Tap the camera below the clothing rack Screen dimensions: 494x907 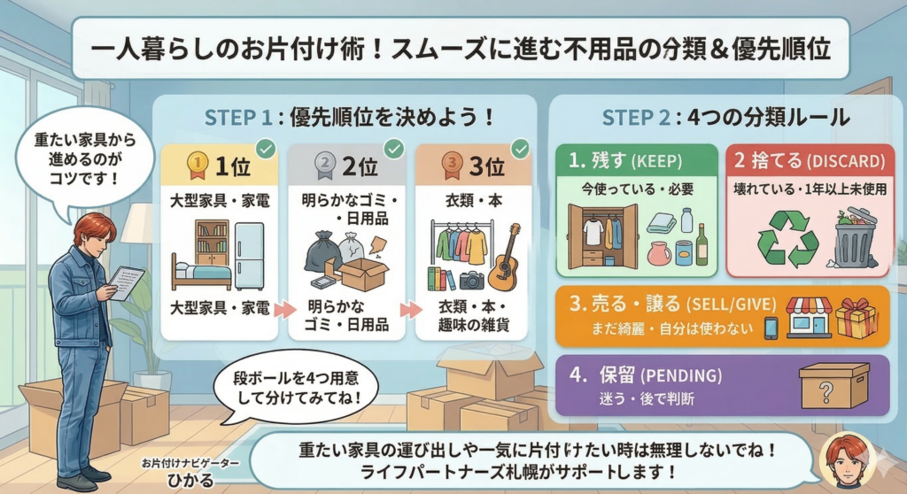[x=472, y=281]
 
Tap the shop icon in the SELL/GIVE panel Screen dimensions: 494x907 [x=809, y=317]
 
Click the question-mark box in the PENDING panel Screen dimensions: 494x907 [x=833, y=385]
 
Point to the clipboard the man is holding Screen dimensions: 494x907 [x=126, y=282]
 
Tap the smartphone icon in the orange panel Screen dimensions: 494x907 [x=771, y=328]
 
